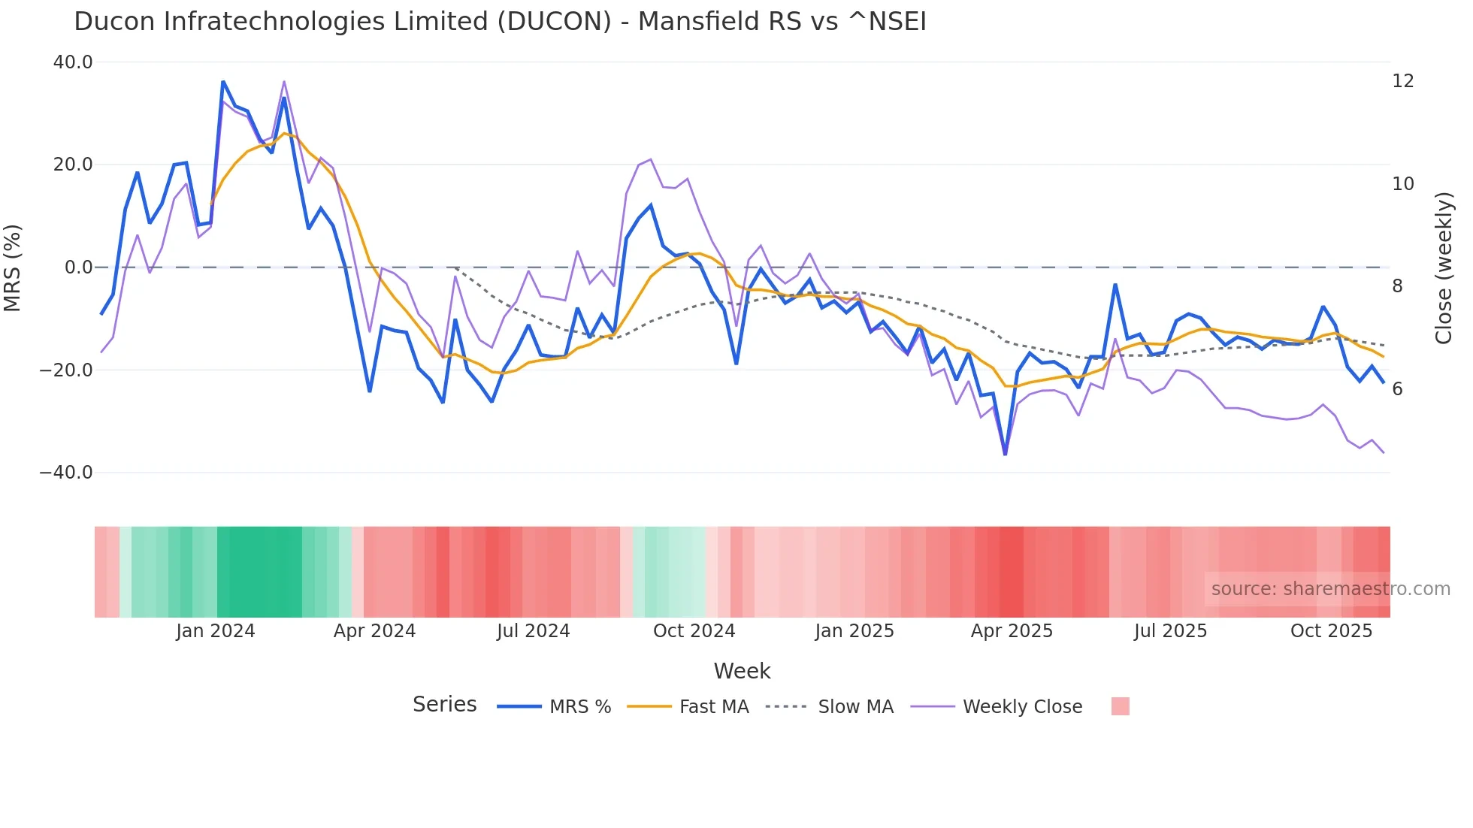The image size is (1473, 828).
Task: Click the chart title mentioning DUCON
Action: [500, 22]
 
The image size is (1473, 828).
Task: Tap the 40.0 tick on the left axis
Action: [73, 62]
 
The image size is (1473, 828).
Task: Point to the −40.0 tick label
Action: [66, 473]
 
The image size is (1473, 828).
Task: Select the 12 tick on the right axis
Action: [1402, 81]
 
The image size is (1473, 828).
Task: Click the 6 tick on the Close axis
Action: [1397, 389]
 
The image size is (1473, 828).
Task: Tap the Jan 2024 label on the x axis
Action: [216, 631]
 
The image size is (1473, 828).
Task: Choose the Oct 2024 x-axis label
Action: [694, 631]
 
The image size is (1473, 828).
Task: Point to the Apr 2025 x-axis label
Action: [1012, 631]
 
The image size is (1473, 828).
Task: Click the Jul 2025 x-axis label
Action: [1170, 631]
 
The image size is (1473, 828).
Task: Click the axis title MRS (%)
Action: [13, 267]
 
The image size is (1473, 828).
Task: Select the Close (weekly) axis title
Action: [1443, 267]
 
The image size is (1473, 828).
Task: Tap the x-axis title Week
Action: [742, 671]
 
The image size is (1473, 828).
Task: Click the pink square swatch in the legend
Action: [1120, 706]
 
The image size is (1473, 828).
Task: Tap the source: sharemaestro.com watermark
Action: [1330, 589]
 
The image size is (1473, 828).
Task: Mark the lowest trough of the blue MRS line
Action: [1006, 454]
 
